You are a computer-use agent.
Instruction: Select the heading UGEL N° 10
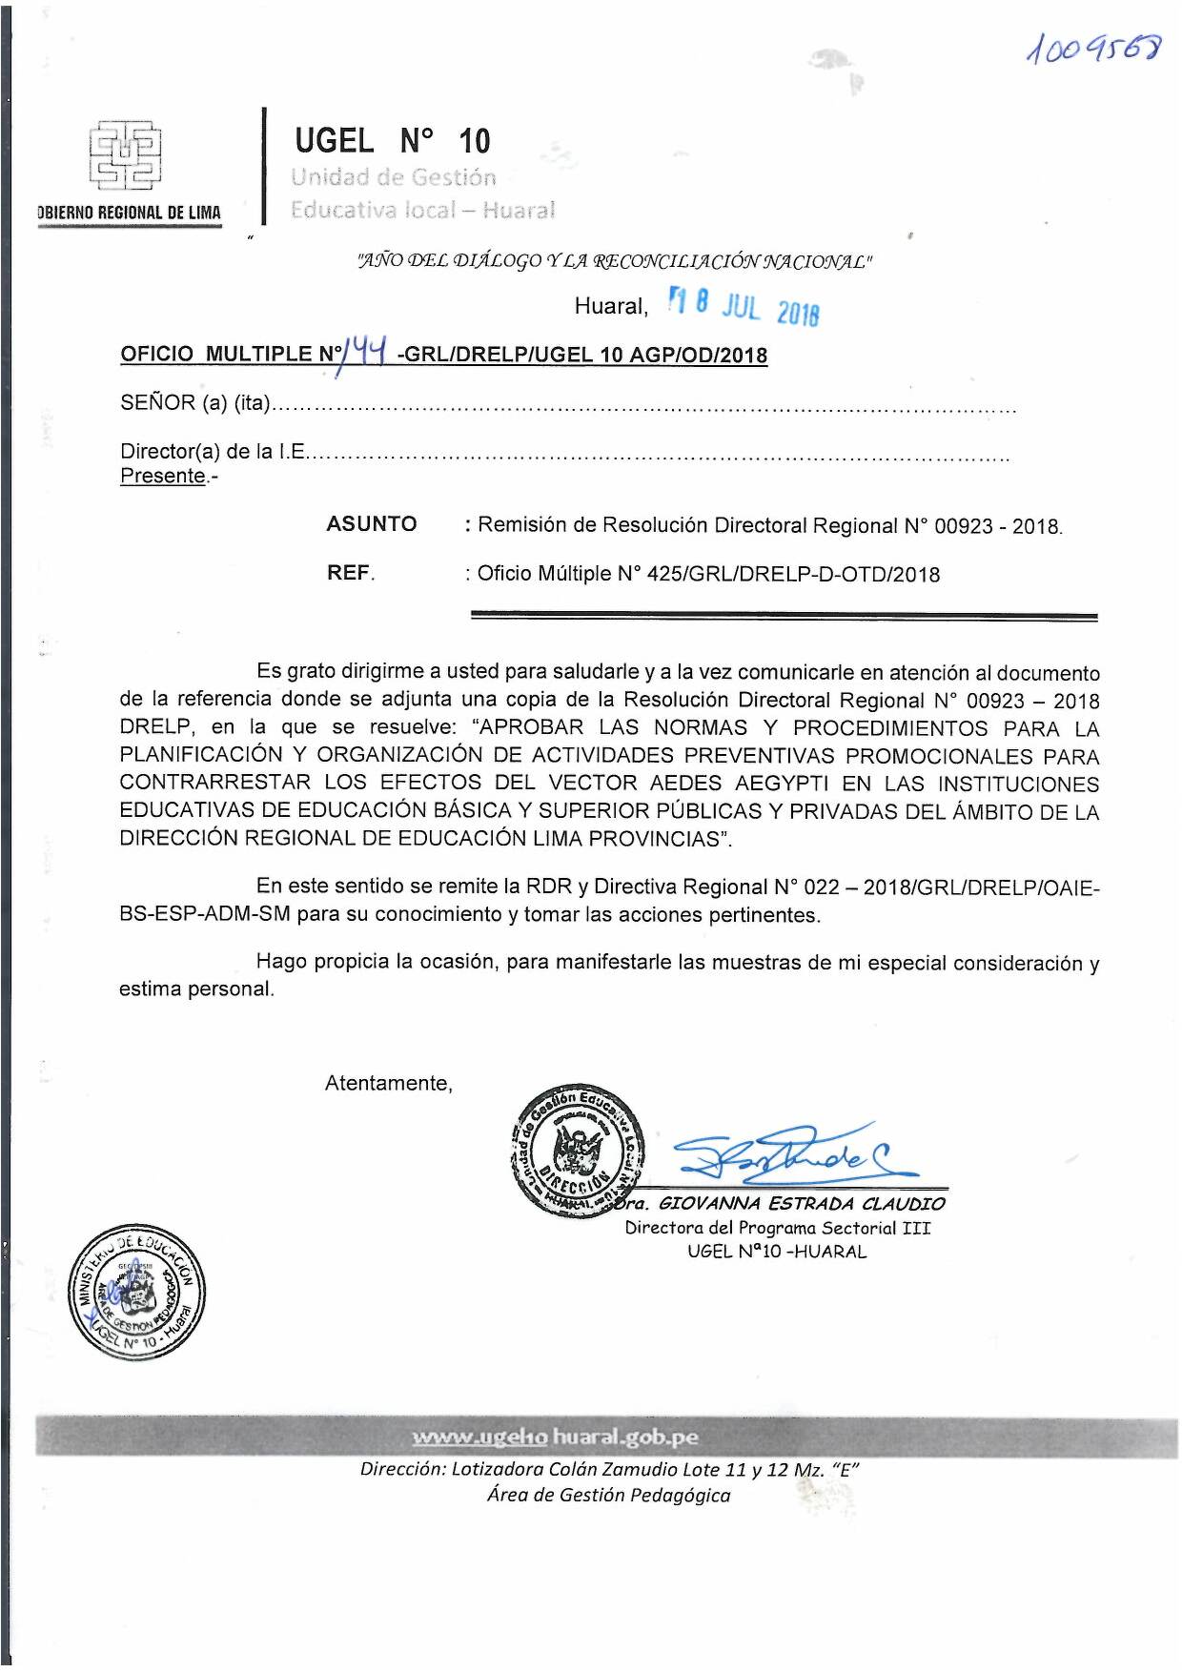[x=392, y=141]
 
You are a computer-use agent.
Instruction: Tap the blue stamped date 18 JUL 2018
[x=744, y=307]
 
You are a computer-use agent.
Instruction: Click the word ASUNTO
[x=372, y=523]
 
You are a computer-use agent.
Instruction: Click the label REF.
[x=350, y=573]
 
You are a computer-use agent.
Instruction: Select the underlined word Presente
[x=163, y=476]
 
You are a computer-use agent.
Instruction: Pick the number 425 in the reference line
[x=664, y=574]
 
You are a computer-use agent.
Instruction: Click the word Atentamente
[x=389, y=1083]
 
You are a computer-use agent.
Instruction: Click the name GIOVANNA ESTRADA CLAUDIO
[x=801, y=1204]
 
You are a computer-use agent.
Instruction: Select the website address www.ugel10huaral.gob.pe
[x=555, y=1437]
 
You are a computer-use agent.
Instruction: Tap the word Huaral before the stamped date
[x=610, y=306]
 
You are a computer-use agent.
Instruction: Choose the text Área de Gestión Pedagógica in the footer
[x=608, y=1495]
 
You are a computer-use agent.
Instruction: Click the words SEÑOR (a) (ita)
[x=195, y=403]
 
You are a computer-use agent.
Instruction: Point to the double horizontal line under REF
[x=784, y=618]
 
